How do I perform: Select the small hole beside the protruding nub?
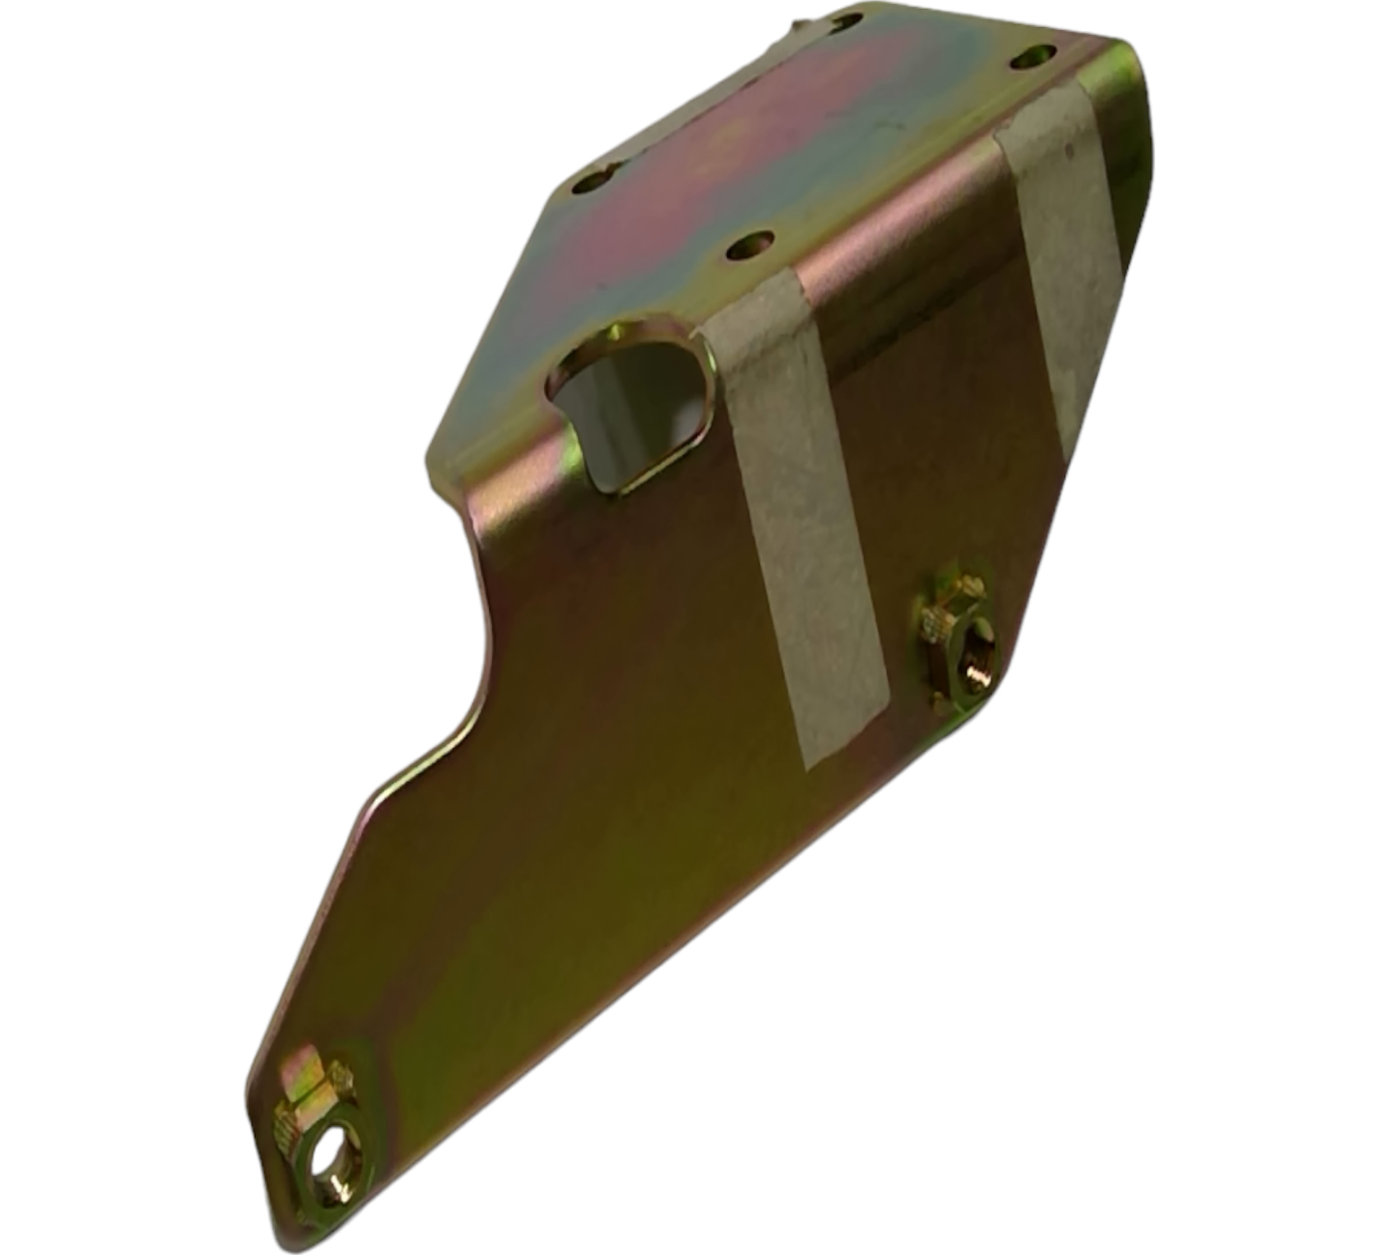click(849, 21)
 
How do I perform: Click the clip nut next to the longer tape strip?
click(954, 643)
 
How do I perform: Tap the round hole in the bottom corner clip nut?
click(329, 1157)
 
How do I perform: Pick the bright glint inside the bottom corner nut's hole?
click(334, 1180)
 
